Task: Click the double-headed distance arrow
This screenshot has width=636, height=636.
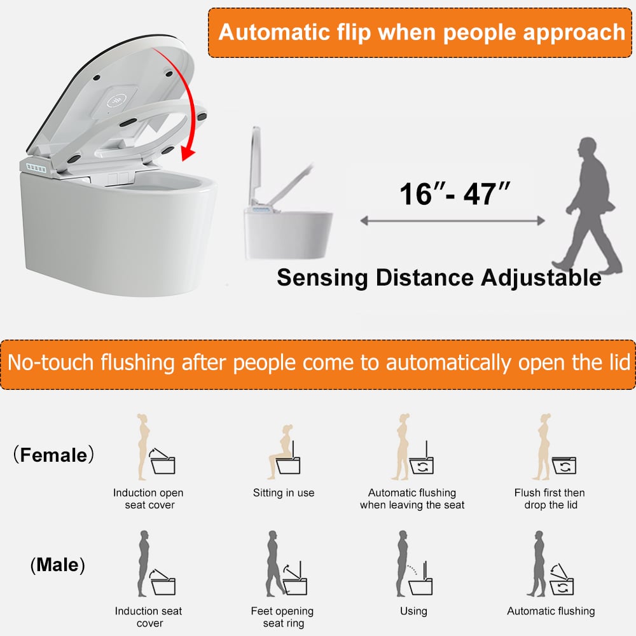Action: click(452, 221)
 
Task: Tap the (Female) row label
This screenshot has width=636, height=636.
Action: click(53, 455)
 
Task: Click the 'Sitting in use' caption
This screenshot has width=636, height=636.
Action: click(284, 493)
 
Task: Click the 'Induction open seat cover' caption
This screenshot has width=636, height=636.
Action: click(148, 499)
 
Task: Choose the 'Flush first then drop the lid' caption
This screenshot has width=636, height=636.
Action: click(550, 499)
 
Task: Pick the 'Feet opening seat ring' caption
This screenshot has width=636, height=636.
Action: click(282, 617)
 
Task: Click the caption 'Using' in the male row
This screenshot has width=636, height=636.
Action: click(413, 611)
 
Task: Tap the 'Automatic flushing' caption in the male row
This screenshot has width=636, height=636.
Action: click(551, 611)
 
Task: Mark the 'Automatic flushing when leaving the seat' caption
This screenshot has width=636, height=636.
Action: click(412, 499)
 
